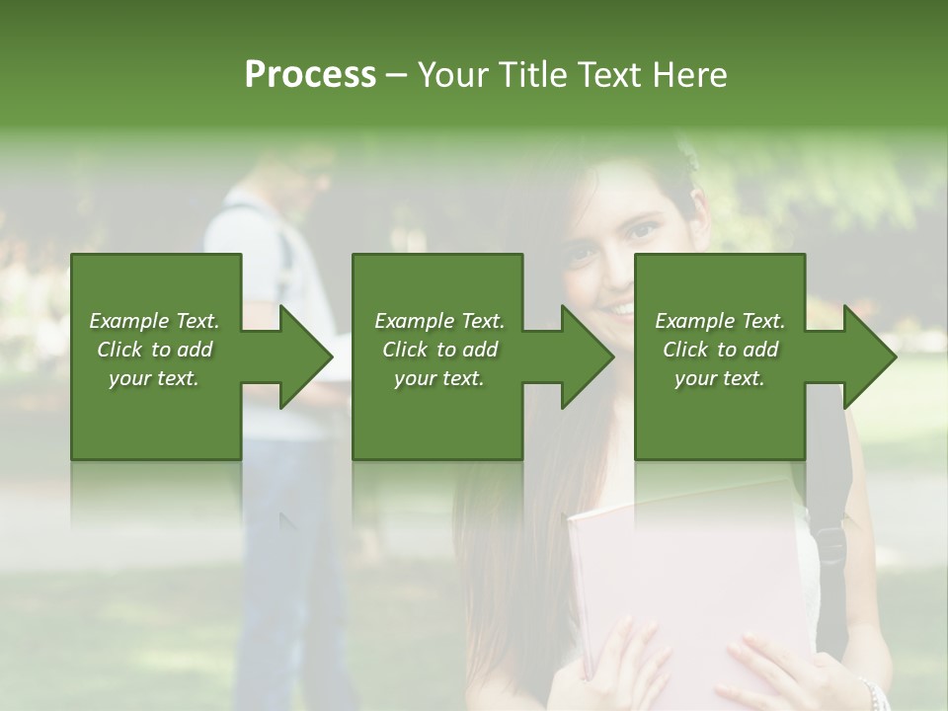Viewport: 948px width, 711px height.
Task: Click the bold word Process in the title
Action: (x=310, y=74)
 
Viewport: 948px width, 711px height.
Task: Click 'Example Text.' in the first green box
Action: (x=154, y=320)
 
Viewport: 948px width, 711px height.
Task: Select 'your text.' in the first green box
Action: (x=154, y=378)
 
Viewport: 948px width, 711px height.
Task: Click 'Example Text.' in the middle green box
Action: (x=439, y=320)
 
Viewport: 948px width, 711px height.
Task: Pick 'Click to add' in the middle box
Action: (x=439, y=349)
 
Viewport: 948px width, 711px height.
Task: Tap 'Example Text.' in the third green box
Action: (x=720, y=320)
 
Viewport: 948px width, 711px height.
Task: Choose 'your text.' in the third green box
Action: (x=720, y=378)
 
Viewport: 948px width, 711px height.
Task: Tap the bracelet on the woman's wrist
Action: (x=871, y=691)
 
